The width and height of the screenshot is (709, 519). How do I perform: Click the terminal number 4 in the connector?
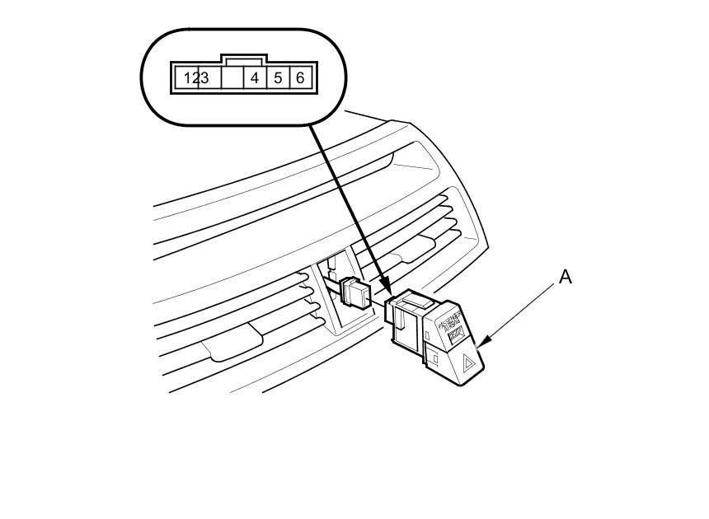coord(256,78)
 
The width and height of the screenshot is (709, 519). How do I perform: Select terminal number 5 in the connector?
coord(278,78)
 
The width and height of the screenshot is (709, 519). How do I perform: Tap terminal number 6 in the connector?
coord(300,78)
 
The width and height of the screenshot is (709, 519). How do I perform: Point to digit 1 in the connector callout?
coord(188,78)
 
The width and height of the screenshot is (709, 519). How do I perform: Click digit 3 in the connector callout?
coord(204,78)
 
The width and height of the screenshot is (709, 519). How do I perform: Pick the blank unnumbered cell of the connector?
coord(232,78)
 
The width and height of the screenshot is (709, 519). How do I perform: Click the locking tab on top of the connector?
coord(243,59)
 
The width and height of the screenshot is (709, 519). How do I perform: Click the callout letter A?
coord(565,277)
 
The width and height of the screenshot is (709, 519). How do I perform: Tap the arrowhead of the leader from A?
coord(481,342)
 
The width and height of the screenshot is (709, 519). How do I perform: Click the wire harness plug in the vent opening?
coord(354,293)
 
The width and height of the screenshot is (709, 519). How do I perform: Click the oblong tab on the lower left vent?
coord(236,343)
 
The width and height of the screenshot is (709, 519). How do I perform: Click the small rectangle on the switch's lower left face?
coord(434,358)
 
